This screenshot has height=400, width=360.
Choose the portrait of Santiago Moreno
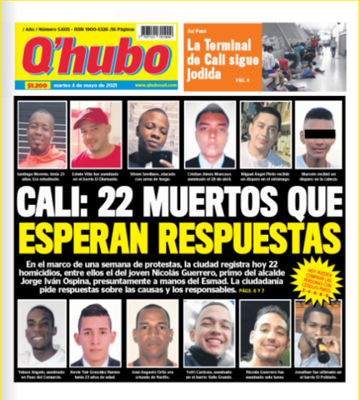(42, 134)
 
